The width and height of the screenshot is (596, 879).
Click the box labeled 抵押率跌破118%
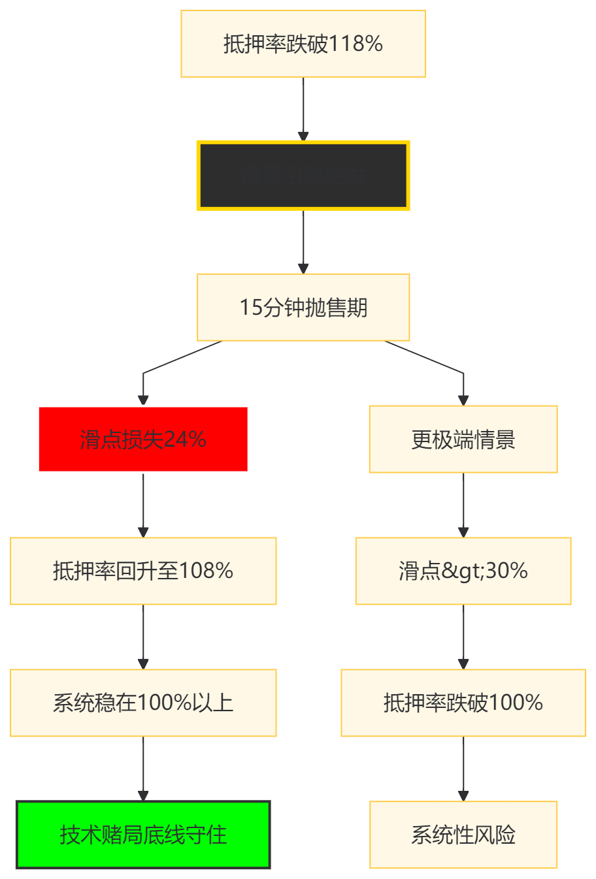tap(303, 44)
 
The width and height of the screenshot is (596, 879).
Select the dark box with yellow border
tap(303, 175)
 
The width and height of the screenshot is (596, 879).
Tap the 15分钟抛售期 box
tap(303, 307)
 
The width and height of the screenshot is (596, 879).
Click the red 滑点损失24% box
tap(143, 439)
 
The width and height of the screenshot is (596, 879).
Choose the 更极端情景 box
tap(463, 439)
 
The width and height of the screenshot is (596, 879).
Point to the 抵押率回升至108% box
tap(143, 571)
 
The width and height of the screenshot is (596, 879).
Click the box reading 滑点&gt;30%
tap(463, 571)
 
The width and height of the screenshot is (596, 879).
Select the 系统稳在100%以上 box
tap(143, 703)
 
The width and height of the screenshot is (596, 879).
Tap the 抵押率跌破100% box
tap(463, 703)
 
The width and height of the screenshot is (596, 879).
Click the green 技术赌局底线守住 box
tap(143, 835)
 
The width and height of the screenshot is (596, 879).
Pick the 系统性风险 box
tap(463, 835)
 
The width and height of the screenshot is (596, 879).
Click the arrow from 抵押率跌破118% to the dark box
tap(303, 108)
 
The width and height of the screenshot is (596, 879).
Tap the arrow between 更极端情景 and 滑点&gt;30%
tap(463, 505)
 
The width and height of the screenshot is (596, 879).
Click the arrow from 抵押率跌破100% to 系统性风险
tap(463, 769)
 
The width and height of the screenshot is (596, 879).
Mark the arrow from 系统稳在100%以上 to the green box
tap(144, 769)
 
